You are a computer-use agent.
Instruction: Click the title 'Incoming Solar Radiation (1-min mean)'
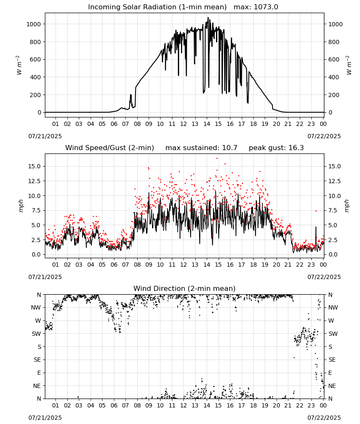[x=157, y=7]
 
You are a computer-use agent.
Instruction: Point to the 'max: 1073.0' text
[x=256, y=7]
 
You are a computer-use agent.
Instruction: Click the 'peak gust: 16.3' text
[x=276, y=148]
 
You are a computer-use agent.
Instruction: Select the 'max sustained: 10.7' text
[x=201, y=148]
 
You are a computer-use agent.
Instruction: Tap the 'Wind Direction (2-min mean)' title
[x=185, y=288]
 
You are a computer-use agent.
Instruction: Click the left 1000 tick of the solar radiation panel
[x=33, y=24]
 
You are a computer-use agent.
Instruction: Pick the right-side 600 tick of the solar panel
[x=334, y=59]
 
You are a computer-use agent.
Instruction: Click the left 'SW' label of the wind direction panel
[x=36, y=334]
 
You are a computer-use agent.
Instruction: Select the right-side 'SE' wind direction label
[x=332, y=360]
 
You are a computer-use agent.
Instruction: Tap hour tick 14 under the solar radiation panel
[x=207, y=124]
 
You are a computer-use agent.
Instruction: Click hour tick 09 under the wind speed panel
[x=149, y=265]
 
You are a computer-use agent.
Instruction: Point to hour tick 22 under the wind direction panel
[x=299, y=405]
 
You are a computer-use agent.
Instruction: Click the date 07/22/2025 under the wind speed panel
[x=324, y=277]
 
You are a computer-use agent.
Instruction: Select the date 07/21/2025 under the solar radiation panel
[x=45, y=136]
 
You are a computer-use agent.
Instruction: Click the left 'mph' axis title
[x=21, y=206]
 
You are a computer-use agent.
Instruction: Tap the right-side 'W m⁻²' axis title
[x=349, y=65]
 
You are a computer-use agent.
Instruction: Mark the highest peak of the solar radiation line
[x=208, y=17]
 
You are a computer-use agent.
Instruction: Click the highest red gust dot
[x=217, y=159]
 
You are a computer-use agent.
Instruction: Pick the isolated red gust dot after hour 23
[x=316, y=211]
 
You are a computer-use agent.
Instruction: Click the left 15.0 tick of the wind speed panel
[x=35, y=166]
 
